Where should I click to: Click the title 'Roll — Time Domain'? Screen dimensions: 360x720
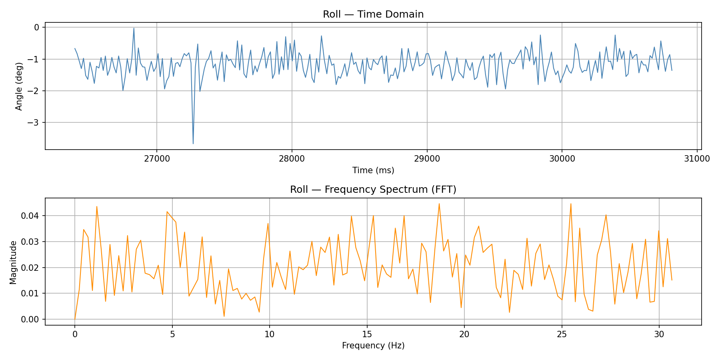pos(373,14)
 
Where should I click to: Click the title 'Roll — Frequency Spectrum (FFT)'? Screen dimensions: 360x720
pos(373,190)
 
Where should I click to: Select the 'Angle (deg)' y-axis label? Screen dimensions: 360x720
pos(19,86)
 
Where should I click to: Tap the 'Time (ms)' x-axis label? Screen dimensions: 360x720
pos(373,170)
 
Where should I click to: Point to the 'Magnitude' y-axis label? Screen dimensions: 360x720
pos(13,262)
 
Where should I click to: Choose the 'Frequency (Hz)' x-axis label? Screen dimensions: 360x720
pos(373,346)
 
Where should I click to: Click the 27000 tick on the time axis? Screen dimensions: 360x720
pos(156,158)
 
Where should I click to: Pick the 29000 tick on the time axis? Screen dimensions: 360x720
pos(427,158)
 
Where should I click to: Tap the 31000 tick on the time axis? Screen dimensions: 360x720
pos(697,158)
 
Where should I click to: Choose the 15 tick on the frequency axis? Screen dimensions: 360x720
pos(367,334)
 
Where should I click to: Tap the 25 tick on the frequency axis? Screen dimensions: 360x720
pos(562,334)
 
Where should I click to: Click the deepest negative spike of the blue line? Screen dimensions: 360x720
pos(193,144)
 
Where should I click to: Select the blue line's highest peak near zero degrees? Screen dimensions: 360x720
pos(134,28)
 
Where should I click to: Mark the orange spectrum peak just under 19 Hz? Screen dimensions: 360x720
pos(439,204)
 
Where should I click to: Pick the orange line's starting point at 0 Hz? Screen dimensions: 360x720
pos(75,319)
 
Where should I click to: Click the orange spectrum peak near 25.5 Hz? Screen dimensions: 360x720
pos(571,204)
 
